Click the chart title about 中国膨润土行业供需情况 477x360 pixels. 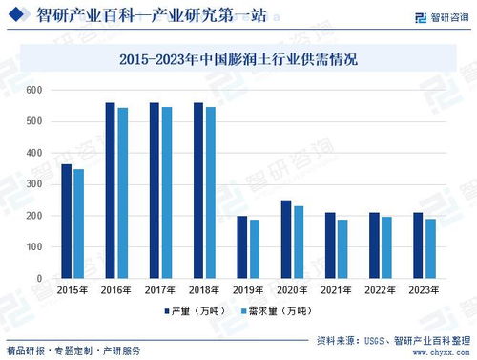click(x=238, y=59)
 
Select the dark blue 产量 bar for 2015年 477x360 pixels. click(x=66, y=221)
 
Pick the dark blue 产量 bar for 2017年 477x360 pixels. click(x=155, y=190)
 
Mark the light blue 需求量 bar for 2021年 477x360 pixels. click(x=343, y=248)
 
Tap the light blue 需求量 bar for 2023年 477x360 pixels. click(x=431, y=248)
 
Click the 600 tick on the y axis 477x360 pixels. click(x=35, y=90)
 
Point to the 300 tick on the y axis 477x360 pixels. click(x=35, y=184)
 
